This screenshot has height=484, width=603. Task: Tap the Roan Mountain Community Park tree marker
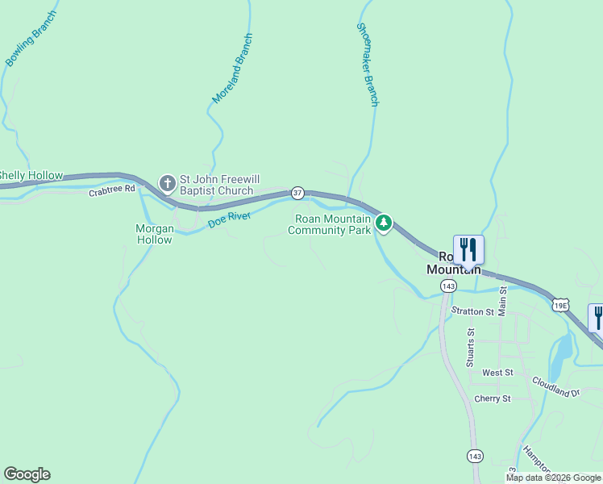(385, 223)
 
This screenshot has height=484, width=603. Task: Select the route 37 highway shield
(297, 193)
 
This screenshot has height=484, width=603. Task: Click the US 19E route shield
(560, 305)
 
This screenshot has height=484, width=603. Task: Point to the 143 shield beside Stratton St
(448, 286)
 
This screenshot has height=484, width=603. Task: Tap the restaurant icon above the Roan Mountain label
(468, 249)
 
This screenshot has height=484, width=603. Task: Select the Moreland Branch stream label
(232, 68)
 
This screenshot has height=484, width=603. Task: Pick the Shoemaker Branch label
(367, 65)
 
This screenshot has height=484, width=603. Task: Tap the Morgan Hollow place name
(154, 234)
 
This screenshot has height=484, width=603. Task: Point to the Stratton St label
(472, 311)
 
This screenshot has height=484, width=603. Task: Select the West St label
(497, 373)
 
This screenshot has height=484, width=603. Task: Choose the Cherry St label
(493, 398)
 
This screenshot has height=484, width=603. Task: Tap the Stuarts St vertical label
(471, 347)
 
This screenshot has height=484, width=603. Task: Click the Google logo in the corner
(27, 474)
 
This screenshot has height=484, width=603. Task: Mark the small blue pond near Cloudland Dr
(562, 348)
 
